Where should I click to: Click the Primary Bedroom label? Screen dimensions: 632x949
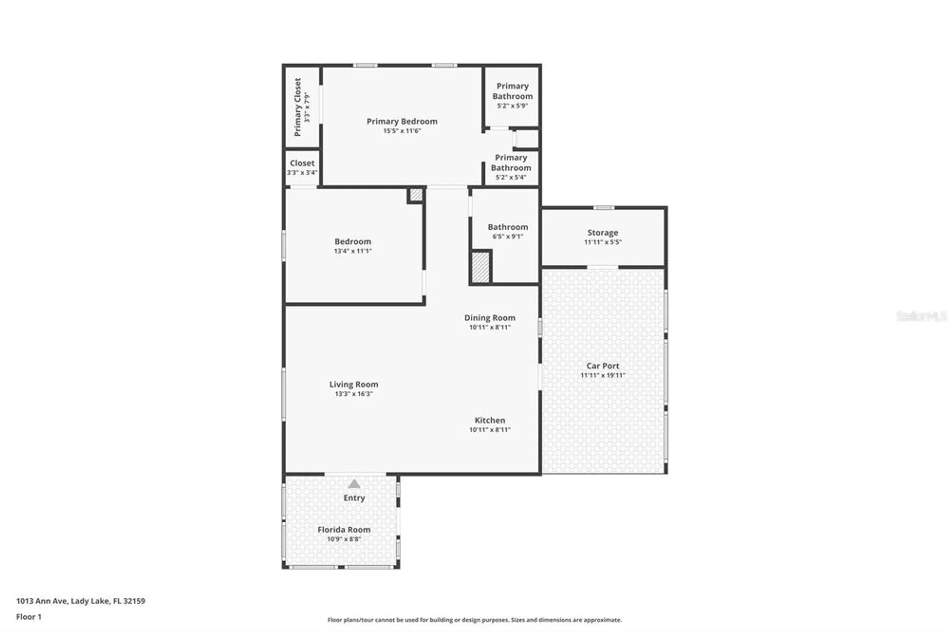click(x=402, y=121)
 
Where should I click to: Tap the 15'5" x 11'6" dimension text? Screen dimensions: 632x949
click(x=402, y=131)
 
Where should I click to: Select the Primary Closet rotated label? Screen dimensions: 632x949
click(x=298, y=107)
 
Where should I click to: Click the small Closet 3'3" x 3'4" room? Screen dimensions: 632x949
click(x=302, y=167)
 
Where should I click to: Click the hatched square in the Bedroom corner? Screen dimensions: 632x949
click(x=416, y=195)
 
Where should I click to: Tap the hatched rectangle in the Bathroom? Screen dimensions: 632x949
click(x=480, y=268)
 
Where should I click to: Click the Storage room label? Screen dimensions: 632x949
click(x=603, y=232)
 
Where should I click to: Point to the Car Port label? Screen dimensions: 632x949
click(x=603, y=366)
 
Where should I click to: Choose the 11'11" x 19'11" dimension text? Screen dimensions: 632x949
click(x=603, y=375)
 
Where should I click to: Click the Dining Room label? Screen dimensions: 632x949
click(x=490, y=318)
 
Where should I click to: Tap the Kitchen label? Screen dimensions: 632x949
click(x=490, y=420)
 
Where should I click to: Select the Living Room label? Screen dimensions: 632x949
click(x=354, y=384)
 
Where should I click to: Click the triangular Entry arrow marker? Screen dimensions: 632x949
click(x=354, y=484)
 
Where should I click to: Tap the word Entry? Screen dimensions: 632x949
click(x=354, y=498)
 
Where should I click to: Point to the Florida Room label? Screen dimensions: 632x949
click(x=344, y=530)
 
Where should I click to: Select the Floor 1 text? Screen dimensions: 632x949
click(x=29, y=617)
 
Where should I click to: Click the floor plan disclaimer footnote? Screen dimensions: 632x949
click(x=474, y=620)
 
